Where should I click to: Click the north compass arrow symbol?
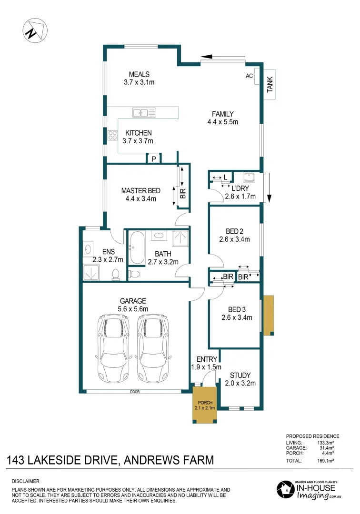point(34,30)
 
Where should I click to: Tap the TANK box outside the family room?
point(270,84)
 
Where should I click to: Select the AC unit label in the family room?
point(249,76)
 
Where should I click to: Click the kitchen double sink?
point(144,113)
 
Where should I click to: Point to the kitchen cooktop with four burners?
point(113,135)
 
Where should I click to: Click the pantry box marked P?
point(154,159)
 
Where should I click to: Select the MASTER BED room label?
point(140,190)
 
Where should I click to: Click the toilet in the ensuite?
point(115,273)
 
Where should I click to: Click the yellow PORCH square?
point(204,405)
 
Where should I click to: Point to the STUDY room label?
point(240,375)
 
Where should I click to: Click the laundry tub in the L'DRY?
point(249,178)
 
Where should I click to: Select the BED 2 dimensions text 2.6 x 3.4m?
point(234,239)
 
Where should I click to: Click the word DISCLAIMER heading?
point(25,482)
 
